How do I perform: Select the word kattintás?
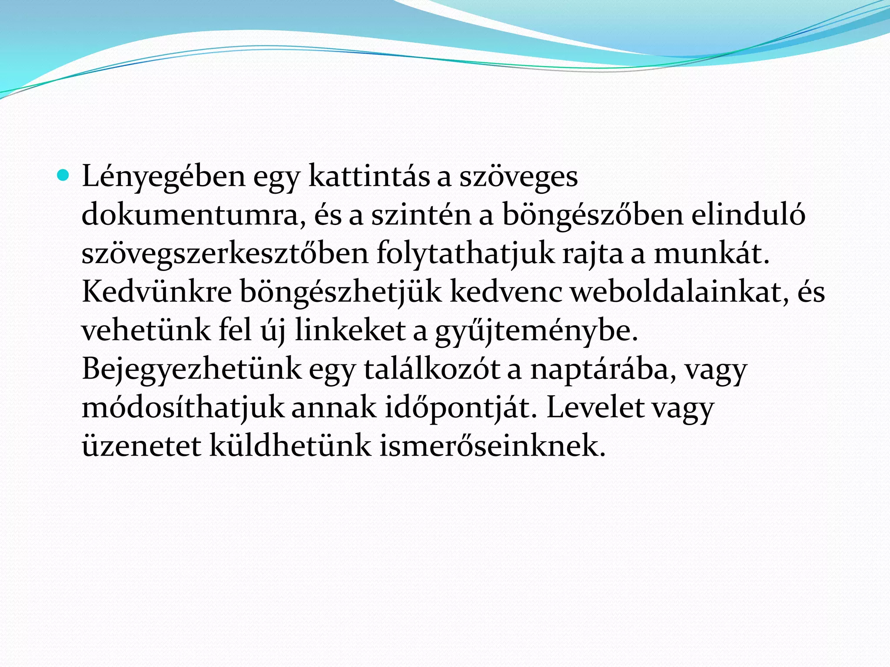tap(369, 176)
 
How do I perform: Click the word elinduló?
tap(748, 214)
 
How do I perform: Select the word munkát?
tap(712, 253)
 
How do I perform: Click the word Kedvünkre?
tap(156, 291)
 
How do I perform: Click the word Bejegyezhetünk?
tap(192, 370)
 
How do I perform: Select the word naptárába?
tap(603, 370)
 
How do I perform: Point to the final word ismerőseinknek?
tap(492, 446)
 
